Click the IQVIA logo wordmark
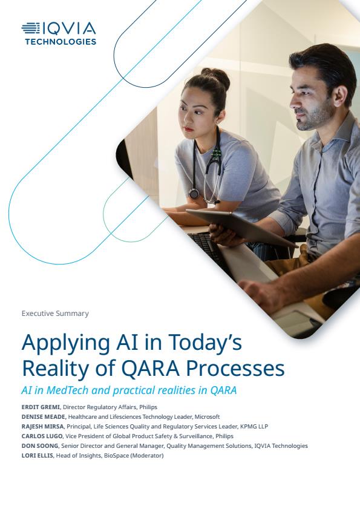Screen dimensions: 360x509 click(59, 28)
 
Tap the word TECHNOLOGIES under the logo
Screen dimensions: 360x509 click(61, 42)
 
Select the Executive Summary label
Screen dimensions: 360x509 click(55, 314)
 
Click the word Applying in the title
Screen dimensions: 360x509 click(66, 343)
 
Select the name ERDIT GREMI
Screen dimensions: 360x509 click(41, 407)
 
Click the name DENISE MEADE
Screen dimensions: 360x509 click(44, 417)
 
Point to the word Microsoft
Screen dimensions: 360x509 click(207, 417)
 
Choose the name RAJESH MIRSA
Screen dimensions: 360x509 click(43, 427)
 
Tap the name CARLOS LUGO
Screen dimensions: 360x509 click(42, 436)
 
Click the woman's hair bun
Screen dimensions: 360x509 click(216, 77)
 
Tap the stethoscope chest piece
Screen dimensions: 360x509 click(194, 194)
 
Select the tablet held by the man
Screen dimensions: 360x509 click(242, 228)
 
